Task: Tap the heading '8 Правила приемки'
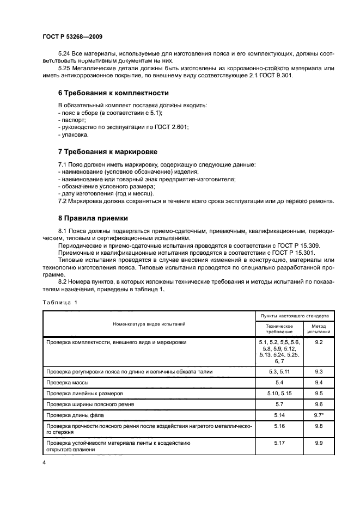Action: (93, 218)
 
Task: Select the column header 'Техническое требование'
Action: (279, 329)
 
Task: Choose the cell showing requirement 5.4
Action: (279, 383)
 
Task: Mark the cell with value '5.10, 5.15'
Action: (279, 394)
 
